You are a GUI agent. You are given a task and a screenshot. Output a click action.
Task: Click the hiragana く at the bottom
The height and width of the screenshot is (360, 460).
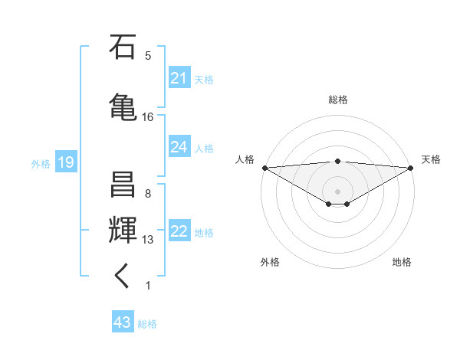tap(123, 277)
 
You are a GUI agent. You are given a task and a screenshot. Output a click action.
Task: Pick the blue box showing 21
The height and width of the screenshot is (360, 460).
tap(179, 78)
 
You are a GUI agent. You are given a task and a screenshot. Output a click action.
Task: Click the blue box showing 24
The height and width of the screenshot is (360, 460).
tap(179, 147)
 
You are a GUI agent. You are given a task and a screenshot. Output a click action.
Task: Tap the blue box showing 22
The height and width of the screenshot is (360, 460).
tap(179, 232)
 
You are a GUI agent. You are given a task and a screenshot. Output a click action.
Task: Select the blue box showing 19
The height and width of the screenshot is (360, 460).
tap(65, 162)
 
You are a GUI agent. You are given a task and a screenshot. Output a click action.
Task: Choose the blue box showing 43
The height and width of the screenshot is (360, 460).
tap(123, 322)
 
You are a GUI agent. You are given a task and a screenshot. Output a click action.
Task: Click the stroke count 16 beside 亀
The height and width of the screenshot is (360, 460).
tap(148, 117)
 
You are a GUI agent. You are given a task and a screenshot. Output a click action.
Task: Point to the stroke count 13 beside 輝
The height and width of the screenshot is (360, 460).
tap(148, 240)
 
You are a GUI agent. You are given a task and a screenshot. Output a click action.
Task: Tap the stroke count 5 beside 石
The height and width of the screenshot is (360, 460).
tap(148, 55)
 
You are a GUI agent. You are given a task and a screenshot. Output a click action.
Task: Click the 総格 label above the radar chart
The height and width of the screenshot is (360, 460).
tap(337, 100)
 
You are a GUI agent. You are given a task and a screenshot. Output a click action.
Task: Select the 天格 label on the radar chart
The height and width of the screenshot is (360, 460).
tap(431, 159)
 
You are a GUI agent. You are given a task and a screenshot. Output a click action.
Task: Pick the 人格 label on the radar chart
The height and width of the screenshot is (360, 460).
tap(245, 159)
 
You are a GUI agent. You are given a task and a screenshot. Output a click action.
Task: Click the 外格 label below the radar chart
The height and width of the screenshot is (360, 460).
tap(270, 262)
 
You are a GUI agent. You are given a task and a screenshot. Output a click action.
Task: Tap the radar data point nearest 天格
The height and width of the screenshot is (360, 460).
tap(410, 167)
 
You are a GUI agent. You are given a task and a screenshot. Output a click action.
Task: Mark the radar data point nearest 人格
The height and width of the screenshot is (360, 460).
tap(264, 167)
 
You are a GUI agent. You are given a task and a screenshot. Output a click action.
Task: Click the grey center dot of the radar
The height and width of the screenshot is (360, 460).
tap(337, 191)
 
